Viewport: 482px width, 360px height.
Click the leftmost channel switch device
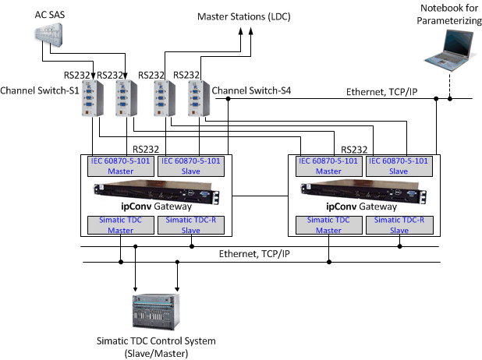[x=93, y=100]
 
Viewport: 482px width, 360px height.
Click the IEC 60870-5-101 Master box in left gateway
[x=119, y=165]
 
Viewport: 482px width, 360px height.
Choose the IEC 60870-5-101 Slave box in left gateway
[x=186, y=165]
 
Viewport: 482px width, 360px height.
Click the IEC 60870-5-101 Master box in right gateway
[x=327, y=165]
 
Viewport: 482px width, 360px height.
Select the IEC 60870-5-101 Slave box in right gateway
[x=398, y=165]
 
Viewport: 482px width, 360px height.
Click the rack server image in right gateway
[x=363, y=192]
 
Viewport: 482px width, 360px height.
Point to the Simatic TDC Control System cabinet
[x=156, y=309]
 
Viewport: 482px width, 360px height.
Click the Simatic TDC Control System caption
[x=155, y=347]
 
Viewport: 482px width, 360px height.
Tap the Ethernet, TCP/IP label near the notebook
[x=381, y=92]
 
